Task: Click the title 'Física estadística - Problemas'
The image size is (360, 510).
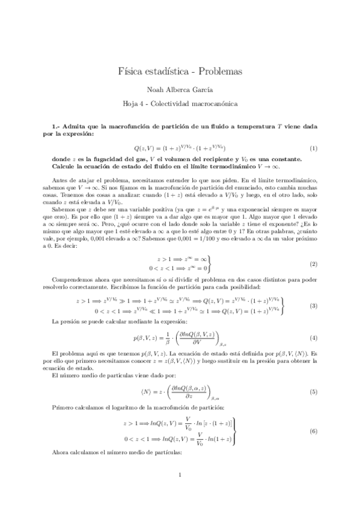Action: tap(180, 71)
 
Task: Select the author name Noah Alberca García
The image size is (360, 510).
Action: tap(180, 90)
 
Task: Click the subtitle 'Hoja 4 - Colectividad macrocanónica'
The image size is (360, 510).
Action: tap(180, 104)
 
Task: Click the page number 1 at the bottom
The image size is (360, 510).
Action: tap(180, 493)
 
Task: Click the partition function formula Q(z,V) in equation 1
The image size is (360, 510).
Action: tap(180, 148)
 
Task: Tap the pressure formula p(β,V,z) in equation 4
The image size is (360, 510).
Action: tap(180, 339)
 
